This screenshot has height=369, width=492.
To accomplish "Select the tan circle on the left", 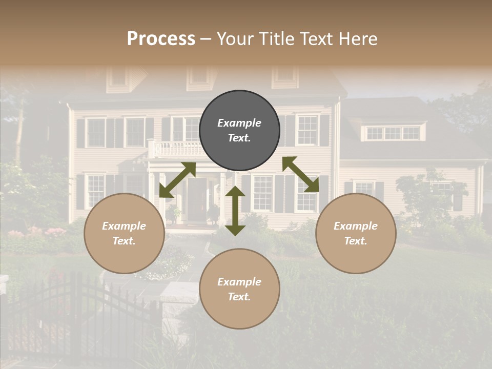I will click(124, 233).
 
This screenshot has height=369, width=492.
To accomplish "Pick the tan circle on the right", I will click(356, 233).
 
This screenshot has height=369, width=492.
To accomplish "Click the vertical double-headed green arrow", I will click(235, 211).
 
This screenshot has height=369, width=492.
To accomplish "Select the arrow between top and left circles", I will click(177, 180).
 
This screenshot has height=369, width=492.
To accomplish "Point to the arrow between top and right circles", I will click(300, 174).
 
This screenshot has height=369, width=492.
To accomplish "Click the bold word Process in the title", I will click(161, 38).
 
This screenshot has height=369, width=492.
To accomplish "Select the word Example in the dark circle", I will click(239, 123).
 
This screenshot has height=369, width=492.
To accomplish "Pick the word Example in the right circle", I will click(356, 226).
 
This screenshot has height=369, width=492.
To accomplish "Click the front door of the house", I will click(196, 200).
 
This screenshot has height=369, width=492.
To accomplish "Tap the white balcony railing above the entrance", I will click(177, 149).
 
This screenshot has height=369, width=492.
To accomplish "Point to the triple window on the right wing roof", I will click(393, 133).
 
